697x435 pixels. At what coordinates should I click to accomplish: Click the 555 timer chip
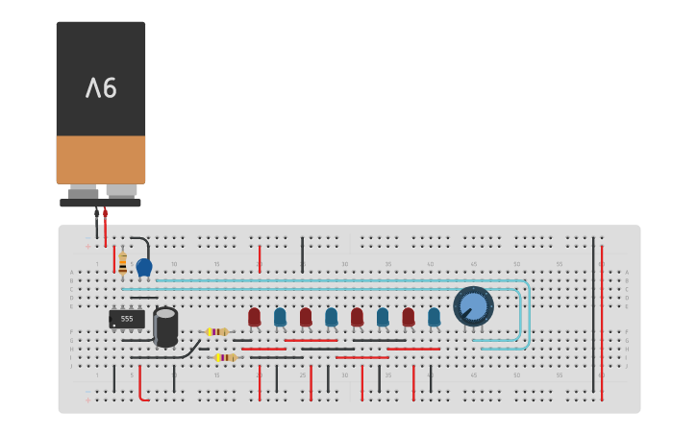pyautogui.click(x=127, y=319)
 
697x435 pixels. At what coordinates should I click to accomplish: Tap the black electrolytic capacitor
pyautogui.click(x=165, y=326)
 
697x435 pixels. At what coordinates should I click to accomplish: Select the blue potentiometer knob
pyautogui.click(x=473, y=306)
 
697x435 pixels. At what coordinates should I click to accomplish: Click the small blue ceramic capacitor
pyautogui.click(x=144, y=267)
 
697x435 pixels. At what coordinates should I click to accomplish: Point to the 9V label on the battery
pyautogui.click(x=101, y=88)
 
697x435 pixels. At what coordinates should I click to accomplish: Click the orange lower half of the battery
pyautogui.click(x=101, y=159)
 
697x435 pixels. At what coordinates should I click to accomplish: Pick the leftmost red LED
pyautogui.click(x=254, y=316)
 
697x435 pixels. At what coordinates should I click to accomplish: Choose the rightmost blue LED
pyautogui.click(x=434, y=316)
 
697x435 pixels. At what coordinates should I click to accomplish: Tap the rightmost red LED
pyautogui.click(x=408, y=316)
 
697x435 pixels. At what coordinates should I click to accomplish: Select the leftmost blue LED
pyautogui.click(x=280, y=316)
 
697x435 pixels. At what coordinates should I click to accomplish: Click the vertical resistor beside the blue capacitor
pyautogui.click(x=122, y=263)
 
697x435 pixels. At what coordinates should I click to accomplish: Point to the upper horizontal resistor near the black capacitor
pyautogui.click(x=217, y=331)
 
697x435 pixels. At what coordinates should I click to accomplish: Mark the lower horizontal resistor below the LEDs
pyautogui.click(x=226, y=357)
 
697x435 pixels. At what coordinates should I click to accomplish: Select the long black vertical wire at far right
pyautogui.click(x=593, y=317)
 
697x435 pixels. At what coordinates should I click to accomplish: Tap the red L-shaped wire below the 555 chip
pyautogui.click(x=141, y=386)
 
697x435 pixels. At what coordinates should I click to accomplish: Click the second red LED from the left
pyautogui.click(x=306, y=316)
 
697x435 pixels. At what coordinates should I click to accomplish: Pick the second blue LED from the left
pyautogui.click(x=331, y=316)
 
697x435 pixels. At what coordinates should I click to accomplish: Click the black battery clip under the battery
pyautogui.click(x=100, y=203)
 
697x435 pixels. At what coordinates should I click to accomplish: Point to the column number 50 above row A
pyautogui.click(x=516, y=264)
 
